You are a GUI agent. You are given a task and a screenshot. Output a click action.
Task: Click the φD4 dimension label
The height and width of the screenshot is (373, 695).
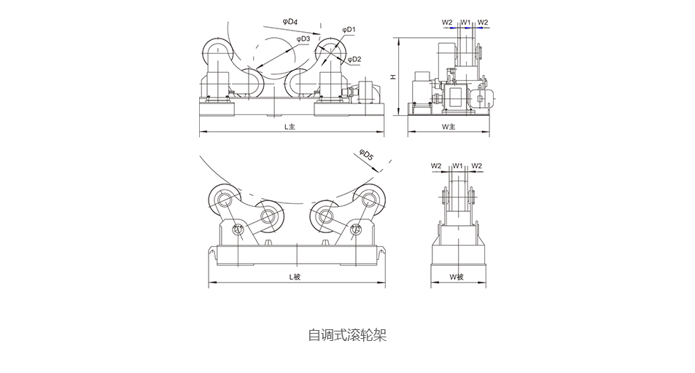pyautogui.click(x=290, y=21)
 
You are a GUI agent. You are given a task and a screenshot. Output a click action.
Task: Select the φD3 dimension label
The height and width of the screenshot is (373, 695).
pyautogui.click(x=303, y=39)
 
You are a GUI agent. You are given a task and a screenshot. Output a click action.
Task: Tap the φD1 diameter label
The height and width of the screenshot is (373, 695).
pyautogui.click(x=349, y=30)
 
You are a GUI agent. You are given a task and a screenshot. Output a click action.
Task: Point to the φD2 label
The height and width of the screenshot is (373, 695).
pyautogui.click(x=354, y=59)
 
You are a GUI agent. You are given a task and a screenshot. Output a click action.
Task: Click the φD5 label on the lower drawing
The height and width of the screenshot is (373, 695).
pyautogui.click(x=366, y=154)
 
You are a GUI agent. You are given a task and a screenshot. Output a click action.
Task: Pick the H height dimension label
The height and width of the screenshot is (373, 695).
pyautogui.click(x=392, y=77)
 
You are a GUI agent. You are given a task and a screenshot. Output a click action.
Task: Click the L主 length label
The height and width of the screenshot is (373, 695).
pyautogui.click(x=290, y=127)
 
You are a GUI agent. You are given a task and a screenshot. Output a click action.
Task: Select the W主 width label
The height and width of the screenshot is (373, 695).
pyautogui.click(x=449, y=127)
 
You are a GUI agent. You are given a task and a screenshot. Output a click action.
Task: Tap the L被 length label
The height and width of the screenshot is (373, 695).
pyautogui.click(x=295, y=277)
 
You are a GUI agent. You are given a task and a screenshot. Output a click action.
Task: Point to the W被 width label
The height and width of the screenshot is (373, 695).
pyautogui.click(x=456, y=277)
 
